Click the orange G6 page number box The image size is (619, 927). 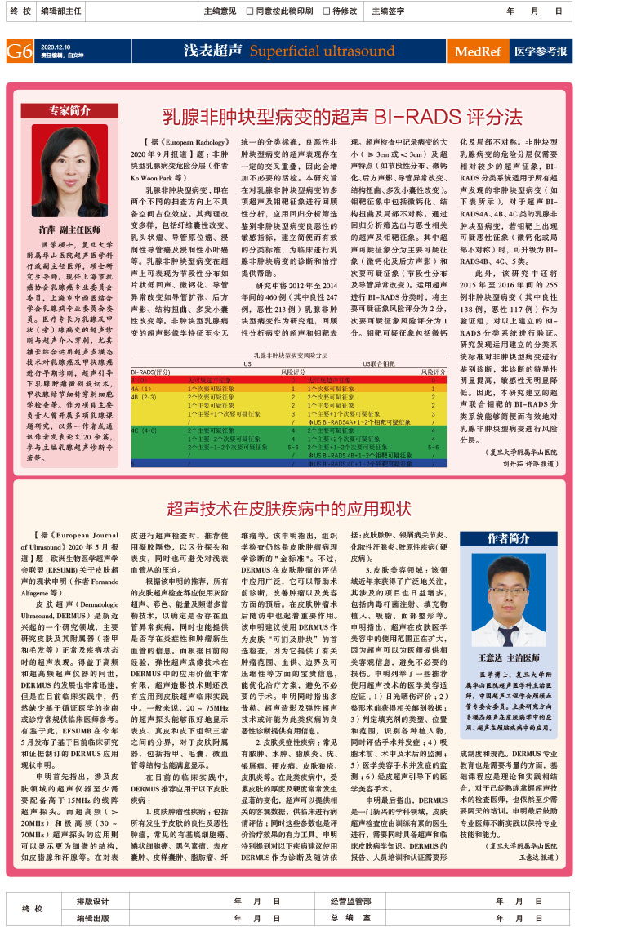19,51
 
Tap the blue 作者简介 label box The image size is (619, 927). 510,538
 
